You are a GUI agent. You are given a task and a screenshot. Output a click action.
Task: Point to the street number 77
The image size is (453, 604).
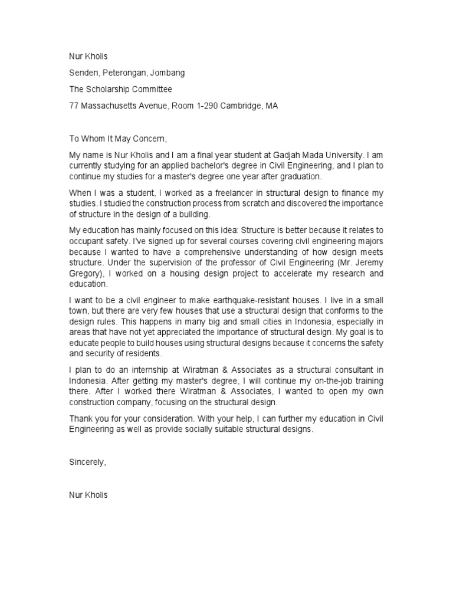(x=74, y=106)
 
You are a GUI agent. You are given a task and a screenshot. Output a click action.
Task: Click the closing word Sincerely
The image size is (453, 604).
(x=87, y=462)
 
